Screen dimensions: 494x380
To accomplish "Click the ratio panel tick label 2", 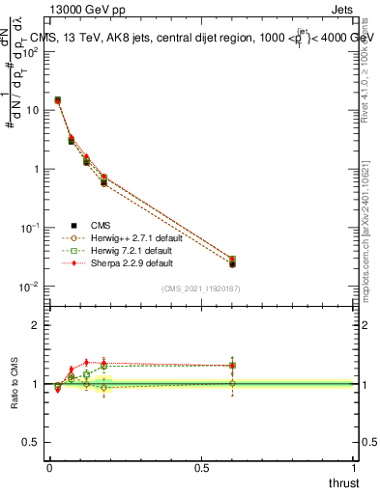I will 37,325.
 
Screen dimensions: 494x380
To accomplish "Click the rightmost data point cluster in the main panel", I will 233,261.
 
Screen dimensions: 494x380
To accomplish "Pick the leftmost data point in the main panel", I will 58,100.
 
